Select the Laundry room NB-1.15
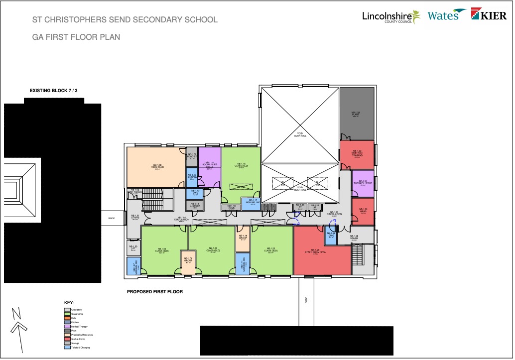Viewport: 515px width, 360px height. pyautogui.click(x=192, y=177)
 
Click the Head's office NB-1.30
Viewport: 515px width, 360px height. pyautogui.click(x=363, y=210)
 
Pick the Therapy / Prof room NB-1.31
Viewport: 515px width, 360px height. pyautogui.click(x=363, y=183)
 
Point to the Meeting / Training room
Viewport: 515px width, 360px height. pyautogui.click(x=357, y=154)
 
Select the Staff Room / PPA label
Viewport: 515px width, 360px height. pyautogui.click(x=315, y=252)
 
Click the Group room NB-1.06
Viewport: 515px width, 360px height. pyautogui.click(x=188, y=261)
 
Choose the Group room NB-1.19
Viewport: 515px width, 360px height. pyautogui.click(x=243, y=238)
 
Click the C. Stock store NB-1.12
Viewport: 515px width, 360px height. pyautogui.click(x=192, y=205)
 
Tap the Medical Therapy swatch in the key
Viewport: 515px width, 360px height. pyautogui.click(x=67, y=326)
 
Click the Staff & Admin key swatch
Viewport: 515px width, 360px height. pyautogui.click(x=67, y=339)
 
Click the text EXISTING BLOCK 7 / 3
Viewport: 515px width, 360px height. pyautogui.click(x=52, y=91)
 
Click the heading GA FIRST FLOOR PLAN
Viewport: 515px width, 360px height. pyautogui.click(x=76, y=37)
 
